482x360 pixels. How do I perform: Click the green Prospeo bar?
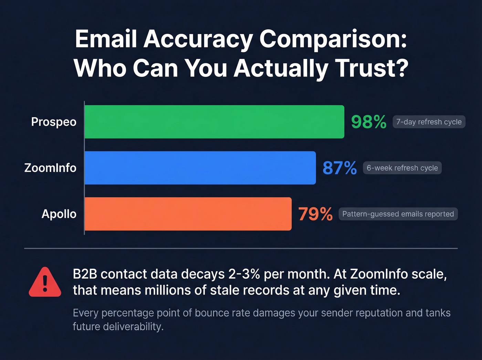[x=214, y=122]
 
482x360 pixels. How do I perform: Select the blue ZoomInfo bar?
[x=200, y=168]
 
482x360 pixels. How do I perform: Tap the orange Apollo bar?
[x=188, y=214]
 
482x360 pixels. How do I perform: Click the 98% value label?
[x=369, y=122]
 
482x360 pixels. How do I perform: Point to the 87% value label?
[x=339, y=168]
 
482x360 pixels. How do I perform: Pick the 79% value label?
[x=315, y=214]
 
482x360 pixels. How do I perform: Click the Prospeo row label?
[x=54, y=122]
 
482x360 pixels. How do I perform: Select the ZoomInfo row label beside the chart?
[x=50, y=168]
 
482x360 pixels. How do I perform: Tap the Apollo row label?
[x=59, y=214]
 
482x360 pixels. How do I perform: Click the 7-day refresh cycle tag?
[x=429, y=122]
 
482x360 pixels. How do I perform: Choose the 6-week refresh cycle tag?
[x=402, y=168]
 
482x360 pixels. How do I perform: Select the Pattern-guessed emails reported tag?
[x=398, y=214]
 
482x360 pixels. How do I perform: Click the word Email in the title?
[x=106, y=39]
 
